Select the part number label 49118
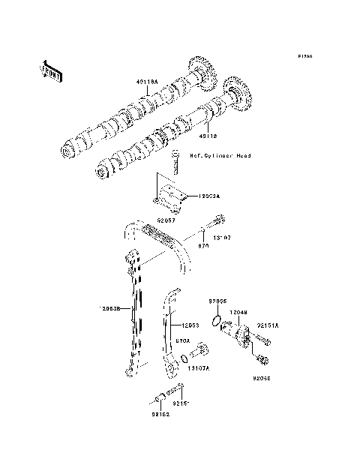208,136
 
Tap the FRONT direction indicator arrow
50,70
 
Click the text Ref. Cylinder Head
219,156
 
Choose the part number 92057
166,221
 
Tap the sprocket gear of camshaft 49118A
201,73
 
